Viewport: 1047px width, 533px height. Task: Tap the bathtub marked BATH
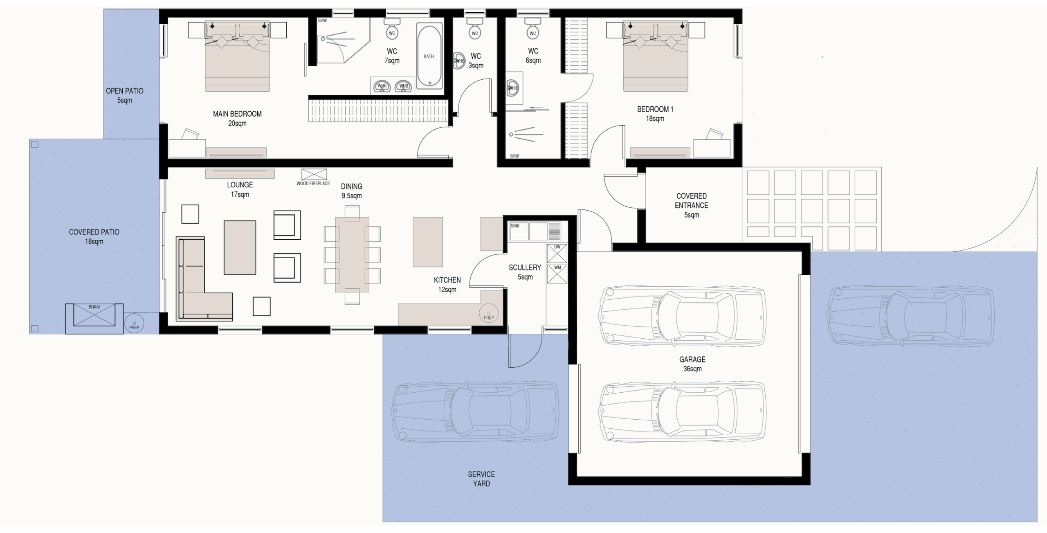tap(429, 56)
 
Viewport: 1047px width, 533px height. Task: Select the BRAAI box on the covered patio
tap(94, 318)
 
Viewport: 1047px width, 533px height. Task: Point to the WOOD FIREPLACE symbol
tap(314, 175)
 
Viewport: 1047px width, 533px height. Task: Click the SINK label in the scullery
tap(515, 226)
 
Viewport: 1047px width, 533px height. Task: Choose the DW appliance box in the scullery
tap(557, 253)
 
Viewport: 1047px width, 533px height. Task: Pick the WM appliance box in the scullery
tap(557, 274)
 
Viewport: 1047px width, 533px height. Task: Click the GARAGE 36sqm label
tap(692, 364)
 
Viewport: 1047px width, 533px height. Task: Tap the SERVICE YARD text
tap(481, 479)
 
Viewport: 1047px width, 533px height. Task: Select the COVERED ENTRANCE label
tap(692, 205)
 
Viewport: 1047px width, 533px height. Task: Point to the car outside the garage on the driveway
tap(910, 316)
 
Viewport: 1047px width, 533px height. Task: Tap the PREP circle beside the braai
tap(134, 323)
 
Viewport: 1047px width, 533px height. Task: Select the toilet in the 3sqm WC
tap(475, 27)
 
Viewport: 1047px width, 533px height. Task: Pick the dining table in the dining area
tap(352, 255)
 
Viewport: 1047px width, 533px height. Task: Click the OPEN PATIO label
tap(125, 95)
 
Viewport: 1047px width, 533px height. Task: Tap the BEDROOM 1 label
tap(655, 114)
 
